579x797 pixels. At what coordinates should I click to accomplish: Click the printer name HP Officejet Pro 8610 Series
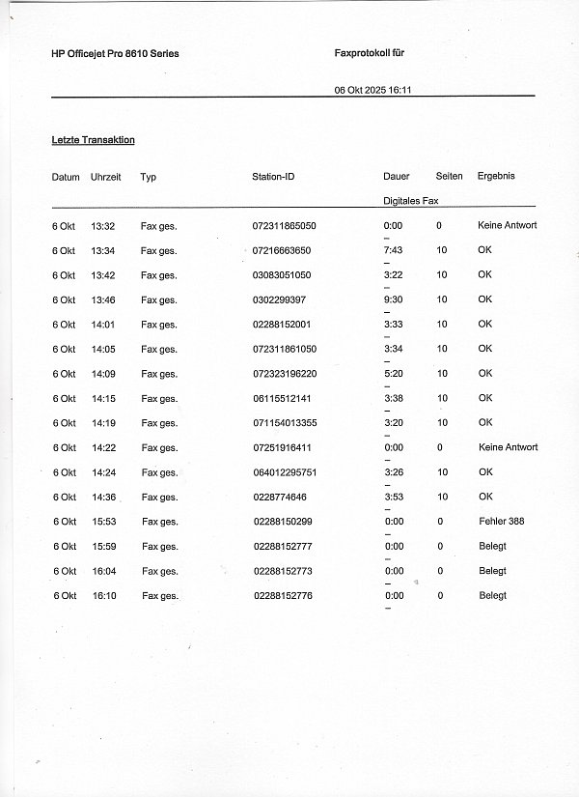click(115, 54)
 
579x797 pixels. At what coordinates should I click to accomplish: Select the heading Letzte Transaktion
click(93, 140)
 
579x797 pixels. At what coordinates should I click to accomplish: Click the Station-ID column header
click(273, 177)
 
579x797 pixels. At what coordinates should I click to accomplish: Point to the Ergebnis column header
click(496, 176)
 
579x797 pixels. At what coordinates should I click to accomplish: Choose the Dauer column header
click(396, 177)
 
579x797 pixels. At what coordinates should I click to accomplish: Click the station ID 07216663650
click(282, 250)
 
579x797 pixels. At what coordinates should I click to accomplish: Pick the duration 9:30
click(393, 299)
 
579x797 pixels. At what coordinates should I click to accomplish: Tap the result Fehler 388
click(501, 522)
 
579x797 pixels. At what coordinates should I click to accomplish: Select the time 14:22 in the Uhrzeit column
click(103, 447)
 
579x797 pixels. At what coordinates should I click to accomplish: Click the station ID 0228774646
click(280, 497)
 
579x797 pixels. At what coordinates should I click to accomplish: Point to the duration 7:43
click(393, 250)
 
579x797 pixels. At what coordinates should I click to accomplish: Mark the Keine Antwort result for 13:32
click(507, 225)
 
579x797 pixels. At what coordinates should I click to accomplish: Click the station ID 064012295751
click(286, 472)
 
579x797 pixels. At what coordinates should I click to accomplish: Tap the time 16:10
click(103, 595)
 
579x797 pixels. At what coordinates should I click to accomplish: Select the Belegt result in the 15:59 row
click(492, 546)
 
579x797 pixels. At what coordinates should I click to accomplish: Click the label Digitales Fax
click(410, 200)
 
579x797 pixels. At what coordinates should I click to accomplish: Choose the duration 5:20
click(393, 373)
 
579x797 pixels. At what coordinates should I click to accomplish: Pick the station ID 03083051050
click(282, 275)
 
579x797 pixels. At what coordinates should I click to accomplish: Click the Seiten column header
click(449, 176)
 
